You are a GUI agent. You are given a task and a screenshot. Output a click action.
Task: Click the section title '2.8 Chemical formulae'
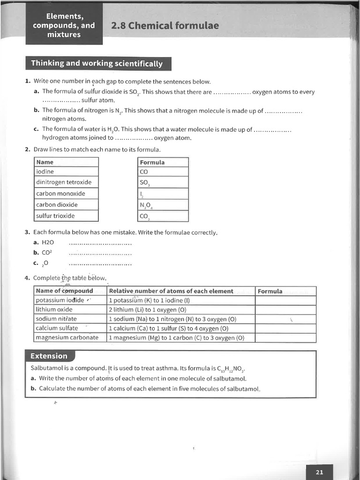click(x=165, y=25)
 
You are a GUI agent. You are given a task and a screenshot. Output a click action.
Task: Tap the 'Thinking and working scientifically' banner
click(x=97, y=63)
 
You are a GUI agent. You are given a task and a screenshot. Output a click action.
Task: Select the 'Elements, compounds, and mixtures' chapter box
click(x=64, y=25)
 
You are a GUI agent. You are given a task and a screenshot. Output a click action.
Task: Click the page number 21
click(x=319, y=472)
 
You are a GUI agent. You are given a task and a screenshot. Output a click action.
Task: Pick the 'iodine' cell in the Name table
click(x=66, y=172)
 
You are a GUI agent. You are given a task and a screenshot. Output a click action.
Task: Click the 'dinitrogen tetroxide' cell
click(x=66, y=182)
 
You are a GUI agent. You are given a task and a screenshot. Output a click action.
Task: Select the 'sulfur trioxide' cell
click(x=66, y=216)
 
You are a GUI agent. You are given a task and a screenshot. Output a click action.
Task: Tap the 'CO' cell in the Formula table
click(x=163, y=172)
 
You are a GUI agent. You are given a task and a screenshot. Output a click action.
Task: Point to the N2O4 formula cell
click(x=163, y=205)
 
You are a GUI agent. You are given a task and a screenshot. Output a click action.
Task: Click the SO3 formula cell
click(x=163, y=183)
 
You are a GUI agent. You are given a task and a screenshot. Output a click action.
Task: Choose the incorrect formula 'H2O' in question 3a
click(x=48, y=242)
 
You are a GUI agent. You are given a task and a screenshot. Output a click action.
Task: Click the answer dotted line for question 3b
click(x=100, y=254)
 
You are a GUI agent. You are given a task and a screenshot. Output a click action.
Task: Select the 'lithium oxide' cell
click(x=70, y=309)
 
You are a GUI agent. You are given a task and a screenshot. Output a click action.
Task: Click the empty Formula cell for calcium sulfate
click(x=285, y=329)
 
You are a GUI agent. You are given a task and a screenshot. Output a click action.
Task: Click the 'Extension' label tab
click(x=49, y=356)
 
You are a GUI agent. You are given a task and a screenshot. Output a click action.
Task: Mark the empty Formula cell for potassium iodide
click(x=285, y=300)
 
